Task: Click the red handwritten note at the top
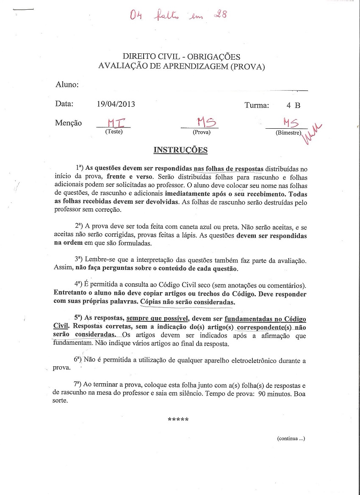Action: pyautogui.click(x=178, y=16)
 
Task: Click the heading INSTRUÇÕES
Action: pyautogui.click(x=180, y=150)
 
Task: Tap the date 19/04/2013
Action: pyautogui.click(x=116, y=104)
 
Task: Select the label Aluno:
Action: pyautogui.click(x=67, y=85)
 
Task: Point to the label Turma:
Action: pyautogui.click(x=257, y=105)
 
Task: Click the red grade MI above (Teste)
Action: pyautogui.click(x=114, y=122)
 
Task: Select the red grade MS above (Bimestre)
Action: pyautogui.click(x=291, y=123)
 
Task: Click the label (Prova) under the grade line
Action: pyautogui.click(x=202, y=132)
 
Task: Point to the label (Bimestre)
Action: pyautogui.click(x=288, y=133)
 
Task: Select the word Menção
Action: pyautogui.click(x=68, y=123)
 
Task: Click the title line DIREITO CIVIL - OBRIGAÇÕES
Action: pyautogui.click(x=181, y=57)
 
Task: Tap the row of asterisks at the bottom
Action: pyautogui.click(x=178, y=420)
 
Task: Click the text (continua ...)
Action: pyautogui.click(x=291, y=439)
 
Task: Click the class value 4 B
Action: pyautogui.click(x=293, y=105)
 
